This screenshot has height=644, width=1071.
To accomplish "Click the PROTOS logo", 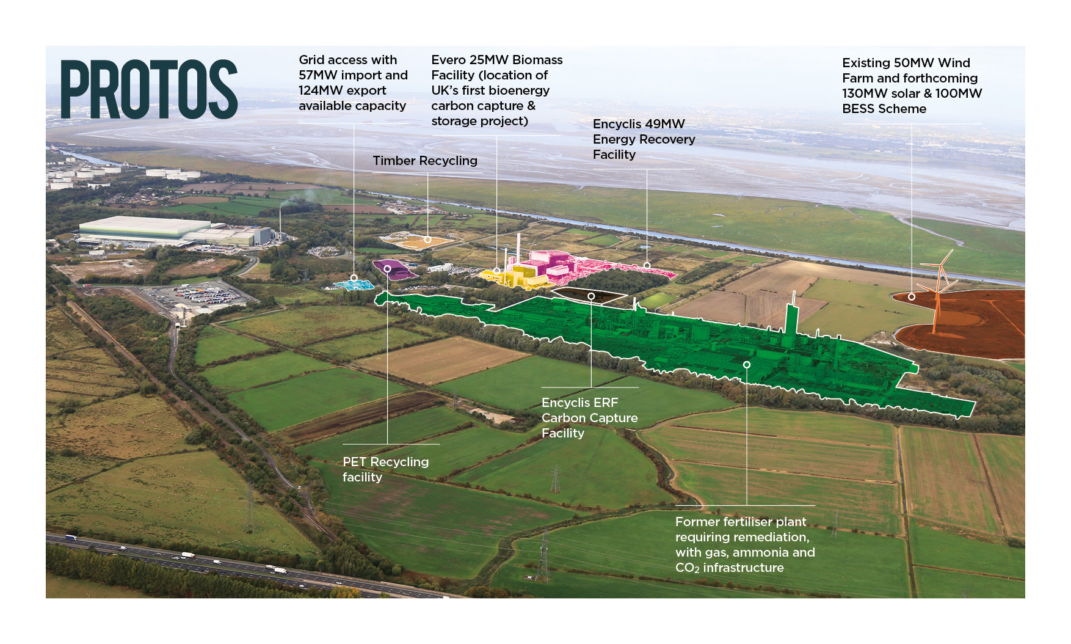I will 148,89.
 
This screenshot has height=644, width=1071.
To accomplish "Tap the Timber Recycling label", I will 425,161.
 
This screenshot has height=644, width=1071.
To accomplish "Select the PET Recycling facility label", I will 385,469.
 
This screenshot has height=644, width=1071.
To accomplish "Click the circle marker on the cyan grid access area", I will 354,278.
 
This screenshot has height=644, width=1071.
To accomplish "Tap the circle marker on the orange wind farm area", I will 911,297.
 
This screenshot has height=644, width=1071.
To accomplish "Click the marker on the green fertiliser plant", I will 746,365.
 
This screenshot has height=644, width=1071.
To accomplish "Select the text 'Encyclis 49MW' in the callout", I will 639,124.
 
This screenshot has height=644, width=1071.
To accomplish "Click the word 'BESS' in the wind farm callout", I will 859,109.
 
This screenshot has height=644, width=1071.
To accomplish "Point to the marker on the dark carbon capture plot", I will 591,296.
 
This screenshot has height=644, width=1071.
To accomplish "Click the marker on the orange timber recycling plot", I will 427,240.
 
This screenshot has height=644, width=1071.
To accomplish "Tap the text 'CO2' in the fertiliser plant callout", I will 687,568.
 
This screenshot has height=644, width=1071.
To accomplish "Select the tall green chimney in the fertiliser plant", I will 792,318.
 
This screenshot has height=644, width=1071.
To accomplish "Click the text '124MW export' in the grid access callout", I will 342,90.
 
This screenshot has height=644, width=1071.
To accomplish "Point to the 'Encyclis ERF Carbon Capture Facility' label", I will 589,418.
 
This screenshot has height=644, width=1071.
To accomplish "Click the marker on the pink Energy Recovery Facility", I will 647,266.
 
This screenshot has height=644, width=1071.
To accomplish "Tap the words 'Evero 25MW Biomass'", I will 496,60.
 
